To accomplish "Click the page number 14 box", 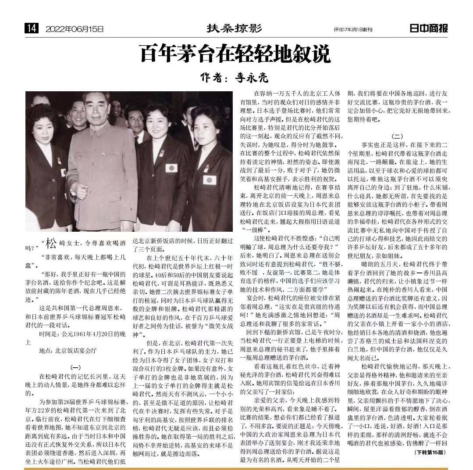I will coord(32,29).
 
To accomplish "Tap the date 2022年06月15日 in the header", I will coord(75,29).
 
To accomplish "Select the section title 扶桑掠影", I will coord(234,29).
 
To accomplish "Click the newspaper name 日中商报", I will coord(428,29).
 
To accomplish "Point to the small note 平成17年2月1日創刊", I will coord(352,30).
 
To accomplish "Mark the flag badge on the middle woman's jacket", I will coord(171,168).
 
